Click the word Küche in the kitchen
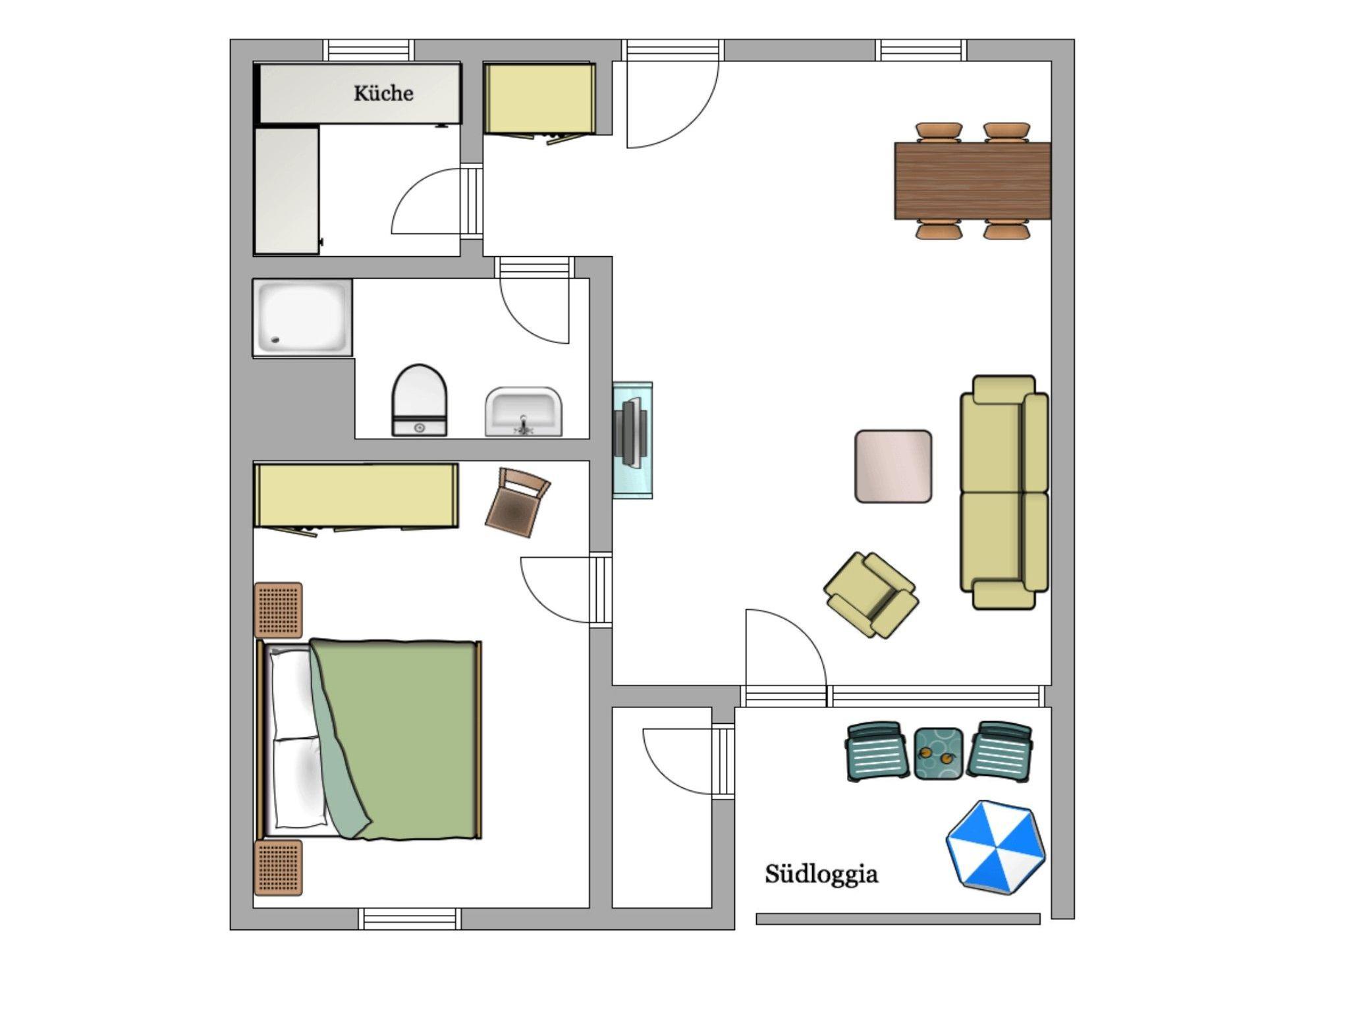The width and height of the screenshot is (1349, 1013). point(383,94)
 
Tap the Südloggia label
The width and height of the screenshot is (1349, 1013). point(821,875)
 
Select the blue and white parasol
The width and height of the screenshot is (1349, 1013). point(995,847)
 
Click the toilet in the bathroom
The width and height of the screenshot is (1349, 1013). point(420,400)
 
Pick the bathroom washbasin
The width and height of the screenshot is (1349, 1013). point(524,412)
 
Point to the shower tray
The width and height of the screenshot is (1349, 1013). point(302,318)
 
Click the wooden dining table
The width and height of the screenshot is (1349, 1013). point(972,180)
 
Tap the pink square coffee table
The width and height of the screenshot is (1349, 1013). point(893,467)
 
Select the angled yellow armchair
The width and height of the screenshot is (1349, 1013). point(871,595)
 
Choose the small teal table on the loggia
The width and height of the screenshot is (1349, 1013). point(939,753)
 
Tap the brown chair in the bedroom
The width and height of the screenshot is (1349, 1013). point(517,503)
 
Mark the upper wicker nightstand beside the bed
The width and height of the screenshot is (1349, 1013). point(279,610)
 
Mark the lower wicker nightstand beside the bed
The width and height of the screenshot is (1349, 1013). point(279,867)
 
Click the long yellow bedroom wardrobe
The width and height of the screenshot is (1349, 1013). point(356,497)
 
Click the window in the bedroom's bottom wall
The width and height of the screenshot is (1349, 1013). point(410,919)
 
